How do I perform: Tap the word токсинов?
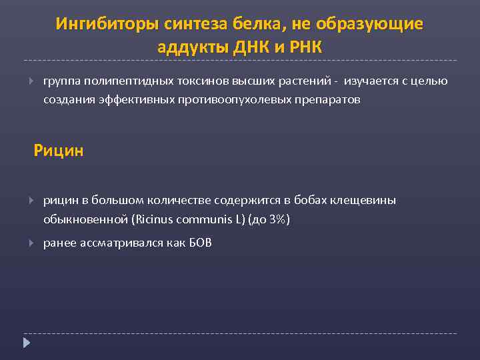pyautogui.click(x=199, y=81)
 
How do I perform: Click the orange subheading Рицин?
pyautogui.click(x=59, y=151)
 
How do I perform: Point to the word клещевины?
pyautogui.click(x=366, y=200)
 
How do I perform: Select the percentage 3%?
pyautogui.click(x=276, y=219)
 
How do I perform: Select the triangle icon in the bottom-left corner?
pyautogui.click(x=27, y=343)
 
